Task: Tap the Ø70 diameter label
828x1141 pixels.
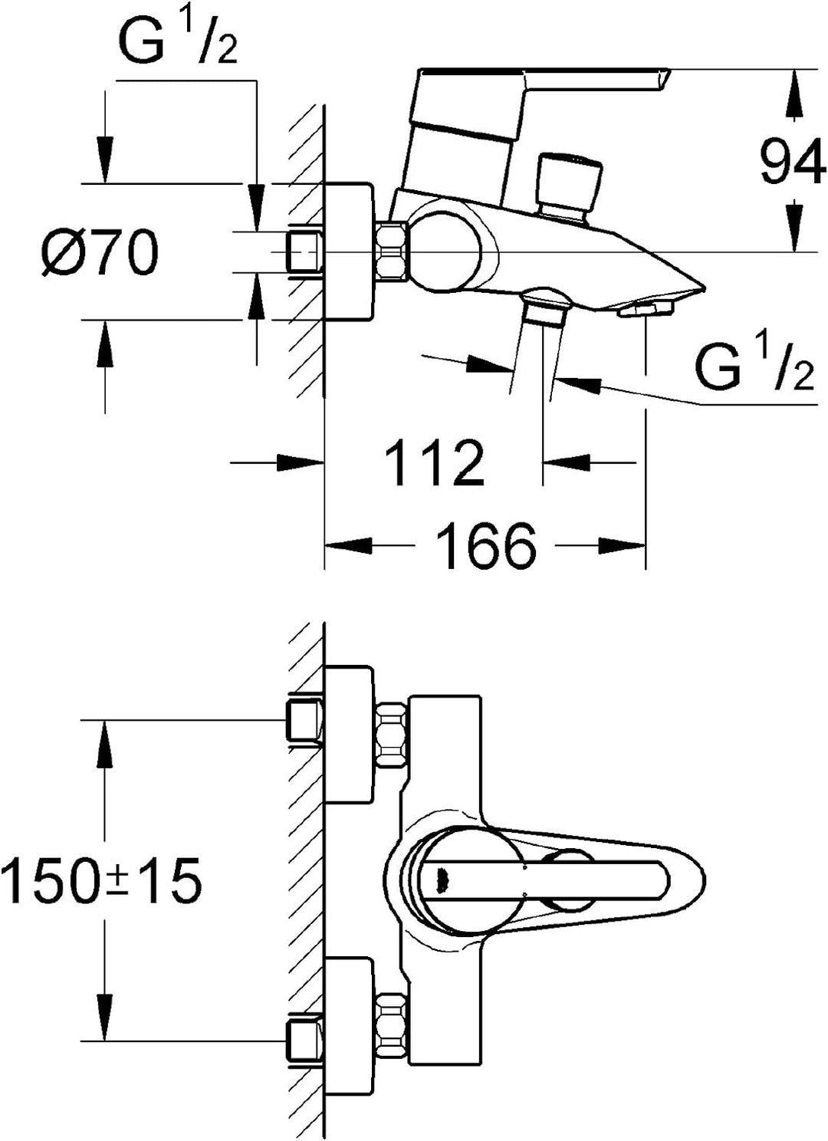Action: pyautogui.click(x=100, y=252)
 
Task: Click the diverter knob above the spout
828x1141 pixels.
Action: pyautogui.click(x=570, y=187)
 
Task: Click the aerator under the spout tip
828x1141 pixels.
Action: pyautogui.click(x=646, y=309)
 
